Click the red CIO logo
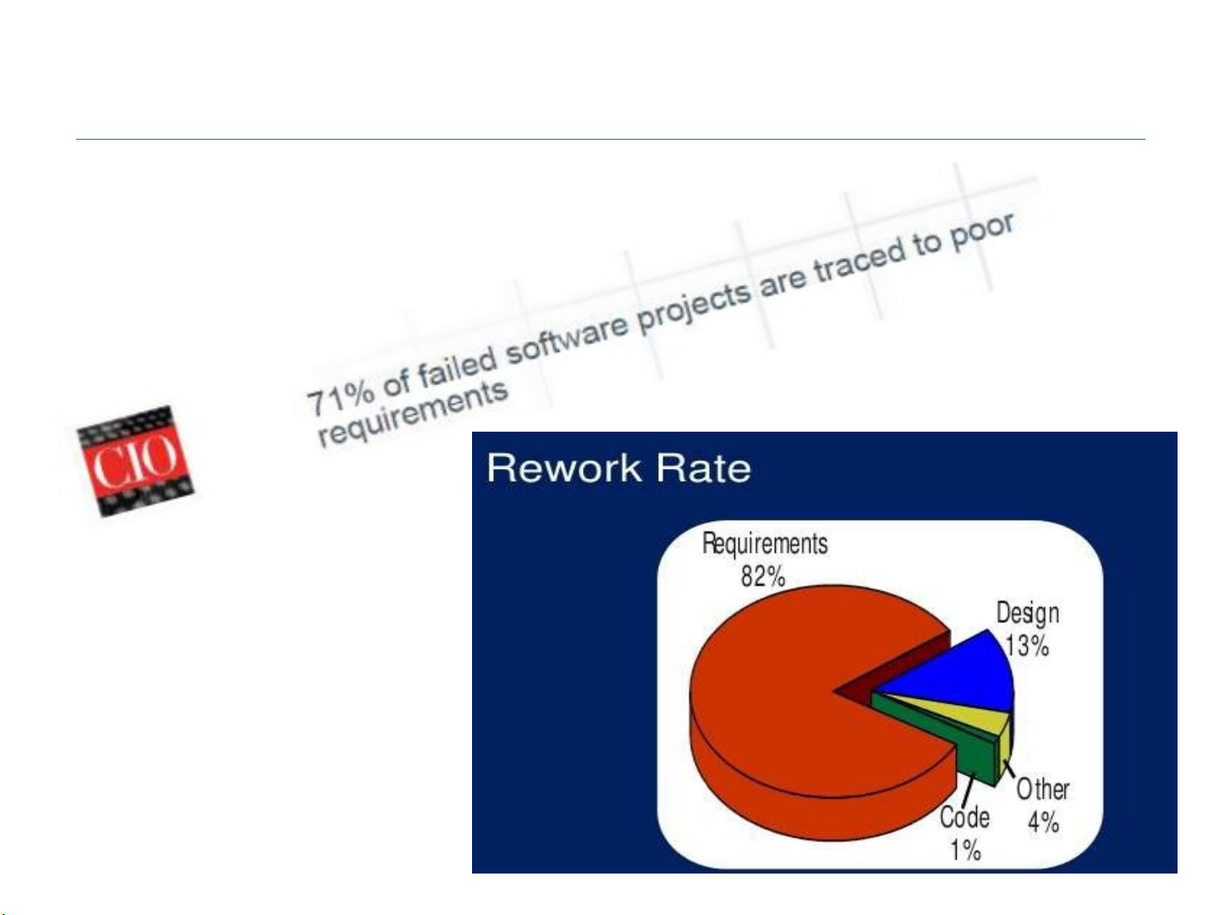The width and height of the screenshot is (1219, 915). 135,460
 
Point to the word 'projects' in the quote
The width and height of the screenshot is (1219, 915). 695,307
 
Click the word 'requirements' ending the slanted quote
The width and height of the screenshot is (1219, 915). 412,413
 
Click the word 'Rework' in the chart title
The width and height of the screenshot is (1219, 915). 563,468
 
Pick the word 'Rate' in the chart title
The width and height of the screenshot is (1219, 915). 703,468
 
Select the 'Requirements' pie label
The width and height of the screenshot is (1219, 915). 765,543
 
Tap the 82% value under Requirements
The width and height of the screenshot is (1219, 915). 763,576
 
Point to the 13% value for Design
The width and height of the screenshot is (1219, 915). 1027,646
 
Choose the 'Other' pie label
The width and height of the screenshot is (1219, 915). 1043,790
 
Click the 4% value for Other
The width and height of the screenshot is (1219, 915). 1043,822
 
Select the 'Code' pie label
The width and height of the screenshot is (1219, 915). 964,817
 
